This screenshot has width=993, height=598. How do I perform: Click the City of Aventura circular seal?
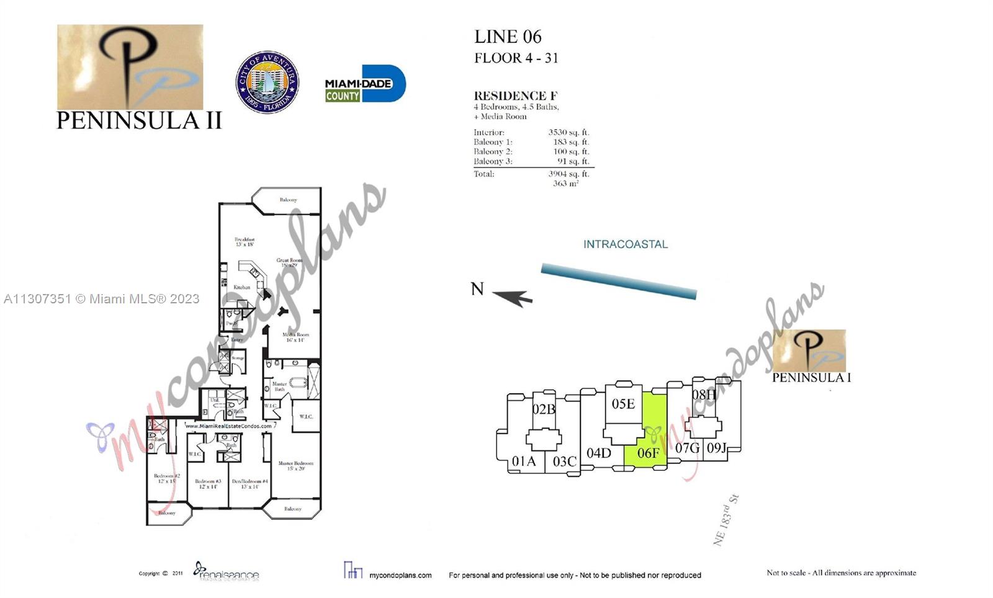tap(267, 82)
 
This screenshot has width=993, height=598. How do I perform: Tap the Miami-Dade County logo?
tap(365, 84)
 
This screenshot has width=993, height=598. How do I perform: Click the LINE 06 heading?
tap(508, 37)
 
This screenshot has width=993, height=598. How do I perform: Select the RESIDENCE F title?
tap(515, 96)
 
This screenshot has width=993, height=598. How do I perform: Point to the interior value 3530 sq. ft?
tap(568, 132)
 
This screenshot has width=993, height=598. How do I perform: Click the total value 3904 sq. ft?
tap(568, 174)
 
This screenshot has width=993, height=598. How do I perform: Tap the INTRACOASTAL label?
tap(625, 244)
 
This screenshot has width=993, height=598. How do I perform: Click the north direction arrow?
tap(513, 297)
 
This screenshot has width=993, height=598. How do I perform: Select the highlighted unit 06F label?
tap(648, 453)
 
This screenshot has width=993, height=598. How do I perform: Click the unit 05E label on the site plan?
tap(623, 404)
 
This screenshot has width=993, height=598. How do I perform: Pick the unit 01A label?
tap(523, 462)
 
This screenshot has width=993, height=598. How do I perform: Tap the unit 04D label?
tap(598, 453)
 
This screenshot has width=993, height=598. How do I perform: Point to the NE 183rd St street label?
tap(726, 520)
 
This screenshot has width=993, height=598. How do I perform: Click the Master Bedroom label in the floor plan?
tap(295, 465)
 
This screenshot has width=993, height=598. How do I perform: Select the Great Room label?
tap(289, 262)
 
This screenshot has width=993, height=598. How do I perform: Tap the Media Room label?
tap(295, 337)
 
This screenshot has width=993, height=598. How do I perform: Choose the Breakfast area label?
tap(245, 241)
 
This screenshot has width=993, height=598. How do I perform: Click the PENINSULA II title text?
tap(139, 120)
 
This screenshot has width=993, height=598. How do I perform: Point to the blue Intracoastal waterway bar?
tap(618, 281)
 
